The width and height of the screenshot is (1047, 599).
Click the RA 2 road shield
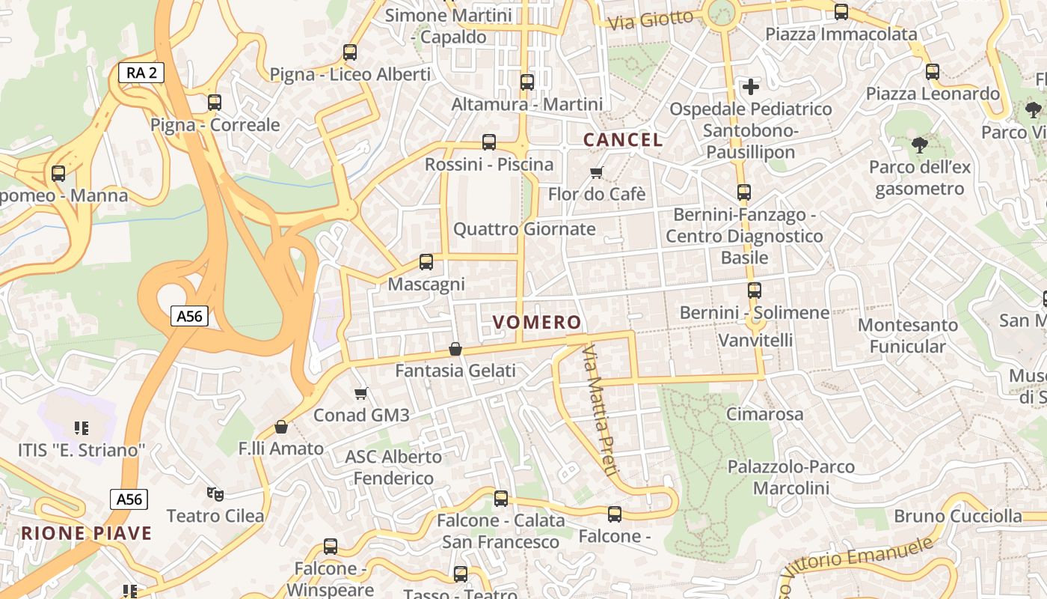click(141, 73)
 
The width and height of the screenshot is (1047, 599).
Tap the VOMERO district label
click(536, 323)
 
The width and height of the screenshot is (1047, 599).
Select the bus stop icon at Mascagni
click(426, 262)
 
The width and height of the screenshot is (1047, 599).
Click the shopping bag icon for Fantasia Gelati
click(455, 349)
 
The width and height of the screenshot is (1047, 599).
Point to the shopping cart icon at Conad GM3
click(361, 393)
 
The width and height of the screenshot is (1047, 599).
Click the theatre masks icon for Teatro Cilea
click(215, 493)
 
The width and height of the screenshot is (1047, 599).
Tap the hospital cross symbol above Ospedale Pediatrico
click(750, 87)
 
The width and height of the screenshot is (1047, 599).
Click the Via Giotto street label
click(650, 20)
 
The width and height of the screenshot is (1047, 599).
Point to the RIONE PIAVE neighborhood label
click(87, 534)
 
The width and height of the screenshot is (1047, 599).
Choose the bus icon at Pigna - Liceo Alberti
click(350, 52)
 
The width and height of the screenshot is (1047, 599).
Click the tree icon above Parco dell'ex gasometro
click(919, 145)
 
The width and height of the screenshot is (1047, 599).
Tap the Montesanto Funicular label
click(907, 335)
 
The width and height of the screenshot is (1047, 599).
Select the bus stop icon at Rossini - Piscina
click(489, 142)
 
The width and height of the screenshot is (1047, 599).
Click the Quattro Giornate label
click(524, 229)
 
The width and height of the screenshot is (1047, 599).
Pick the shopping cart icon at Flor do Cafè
click(597, 173)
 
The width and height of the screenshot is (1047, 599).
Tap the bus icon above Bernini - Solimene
click(755, 291)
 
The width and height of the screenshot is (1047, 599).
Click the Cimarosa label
click(764, 414)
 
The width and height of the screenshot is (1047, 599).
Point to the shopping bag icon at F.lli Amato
click(281, 427)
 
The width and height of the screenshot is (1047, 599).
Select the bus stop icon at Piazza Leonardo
click(932, 72)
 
